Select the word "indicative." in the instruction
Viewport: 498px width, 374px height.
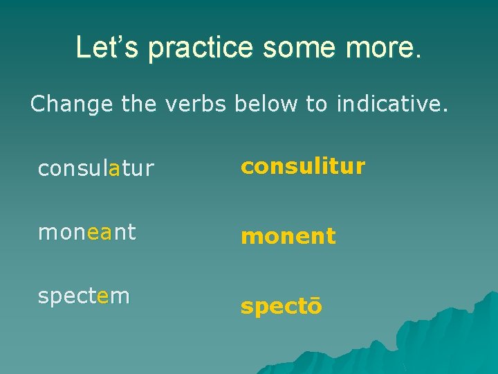[392, 104]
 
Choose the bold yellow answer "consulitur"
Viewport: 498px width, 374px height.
[302, 166]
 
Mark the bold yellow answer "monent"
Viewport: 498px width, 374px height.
[288, 237]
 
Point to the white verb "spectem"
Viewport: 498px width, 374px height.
[84, 296]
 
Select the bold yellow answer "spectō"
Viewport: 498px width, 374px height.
[281, 307]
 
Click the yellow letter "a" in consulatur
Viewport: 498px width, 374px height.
[116, 169]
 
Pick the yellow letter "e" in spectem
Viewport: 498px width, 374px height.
[104, 296]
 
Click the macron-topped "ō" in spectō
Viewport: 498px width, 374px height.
[315, 306]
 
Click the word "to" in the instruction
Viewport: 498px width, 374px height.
[317, 104]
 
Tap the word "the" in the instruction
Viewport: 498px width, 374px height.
[140, 104]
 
